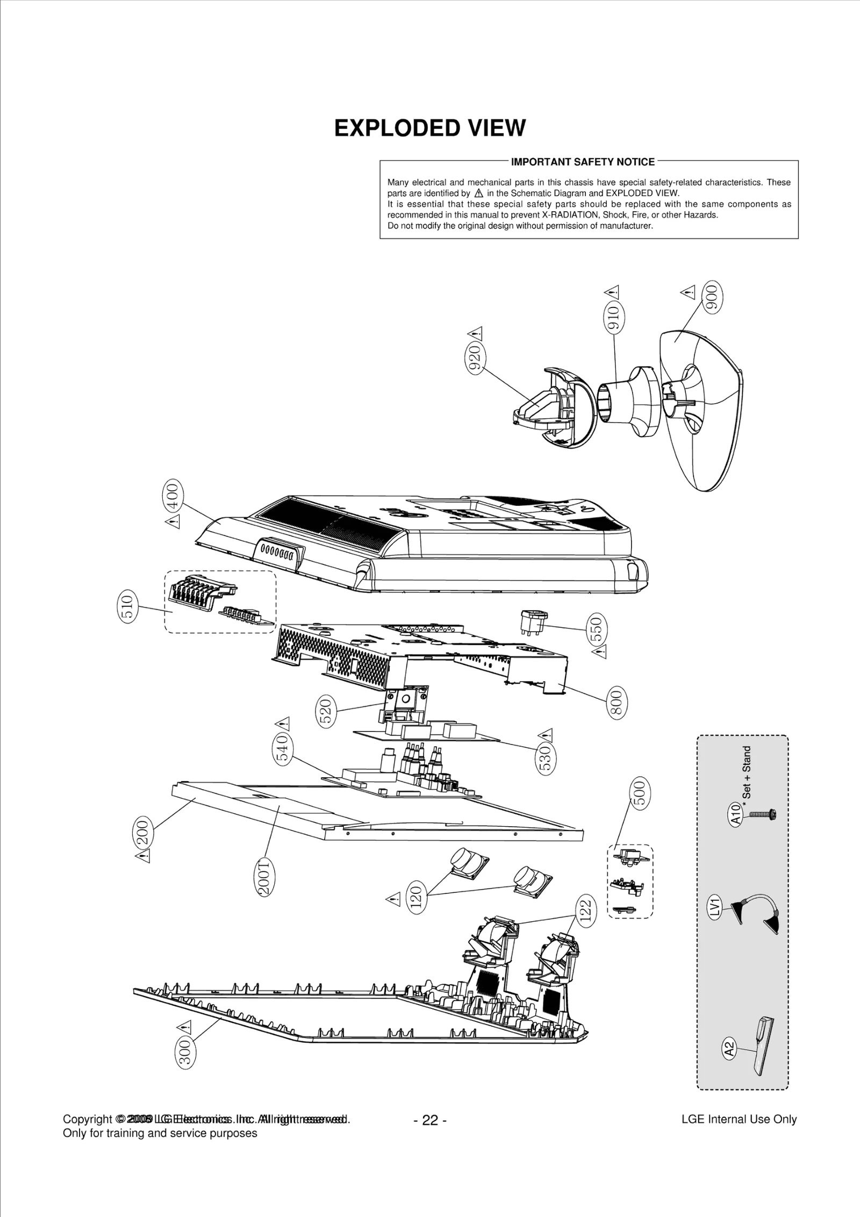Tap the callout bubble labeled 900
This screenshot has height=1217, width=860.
713,296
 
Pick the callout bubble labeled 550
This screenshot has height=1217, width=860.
598,628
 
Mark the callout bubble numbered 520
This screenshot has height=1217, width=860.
327,711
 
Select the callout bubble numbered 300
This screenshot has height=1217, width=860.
185,1051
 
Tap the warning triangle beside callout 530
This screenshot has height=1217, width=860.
547,734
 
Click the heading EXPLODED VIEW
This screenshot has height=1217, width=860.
429,128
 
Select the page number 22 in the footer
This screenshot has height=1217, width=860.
430,1120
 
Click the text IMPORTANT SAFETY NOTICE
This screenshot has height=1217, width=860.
583,162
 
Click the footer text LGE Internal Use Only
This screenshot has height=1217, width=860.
739,1119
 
